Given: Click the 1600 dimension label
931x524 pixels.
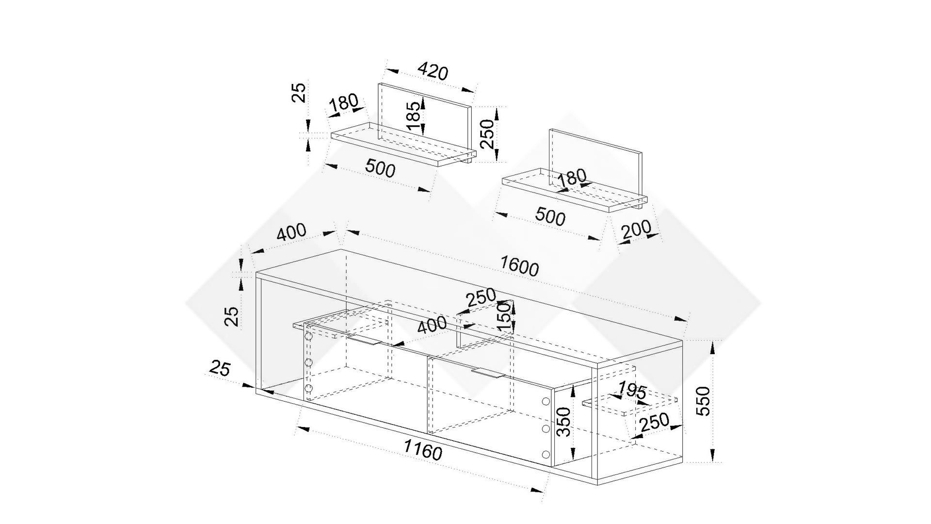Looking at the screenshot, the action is pos(519,266).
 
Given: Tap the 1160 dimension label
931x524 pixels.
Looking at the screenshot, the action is pos(423,451).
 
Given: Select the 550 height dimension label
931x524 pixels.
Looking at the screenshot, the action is pos(703,401).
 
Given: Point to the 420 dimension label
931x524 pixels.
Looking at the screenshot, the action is pos(433,71).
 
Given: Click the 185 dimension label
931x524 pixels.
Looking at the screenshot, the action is pos(413,116).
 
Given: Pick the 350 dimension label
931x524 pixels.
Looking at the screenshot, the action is pos(564,422).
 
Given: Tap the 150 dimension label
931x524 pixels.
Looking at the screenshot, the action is pos(505,316).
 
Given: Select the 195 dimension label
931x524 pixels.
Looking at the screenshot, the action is pos(633,390).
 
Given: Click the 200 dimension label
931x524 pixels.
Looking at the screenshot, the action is pos(636,229).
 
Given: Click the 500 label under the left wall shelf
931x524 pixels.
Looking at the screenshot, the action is pos(380,168).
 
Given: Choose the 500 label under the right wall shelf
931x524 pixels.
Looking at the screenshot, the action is pos(550,216).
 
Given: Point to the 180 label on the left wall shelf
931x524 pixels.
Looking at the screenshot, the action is pos(344,103).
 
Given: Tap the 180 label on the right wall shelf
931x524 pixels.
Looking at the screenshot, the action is pos(572,177).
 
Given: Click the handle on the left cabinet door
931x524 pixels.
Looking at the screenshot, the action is pos(365,340).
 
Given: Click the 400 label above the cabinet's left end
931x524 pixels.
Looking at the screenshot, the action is pos(291,232).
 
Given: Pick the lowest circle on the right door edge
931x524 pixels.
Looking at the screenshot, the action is pos(546,455).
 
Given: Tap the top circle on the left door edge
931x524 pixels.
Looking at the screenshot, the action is pos(308,336).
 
